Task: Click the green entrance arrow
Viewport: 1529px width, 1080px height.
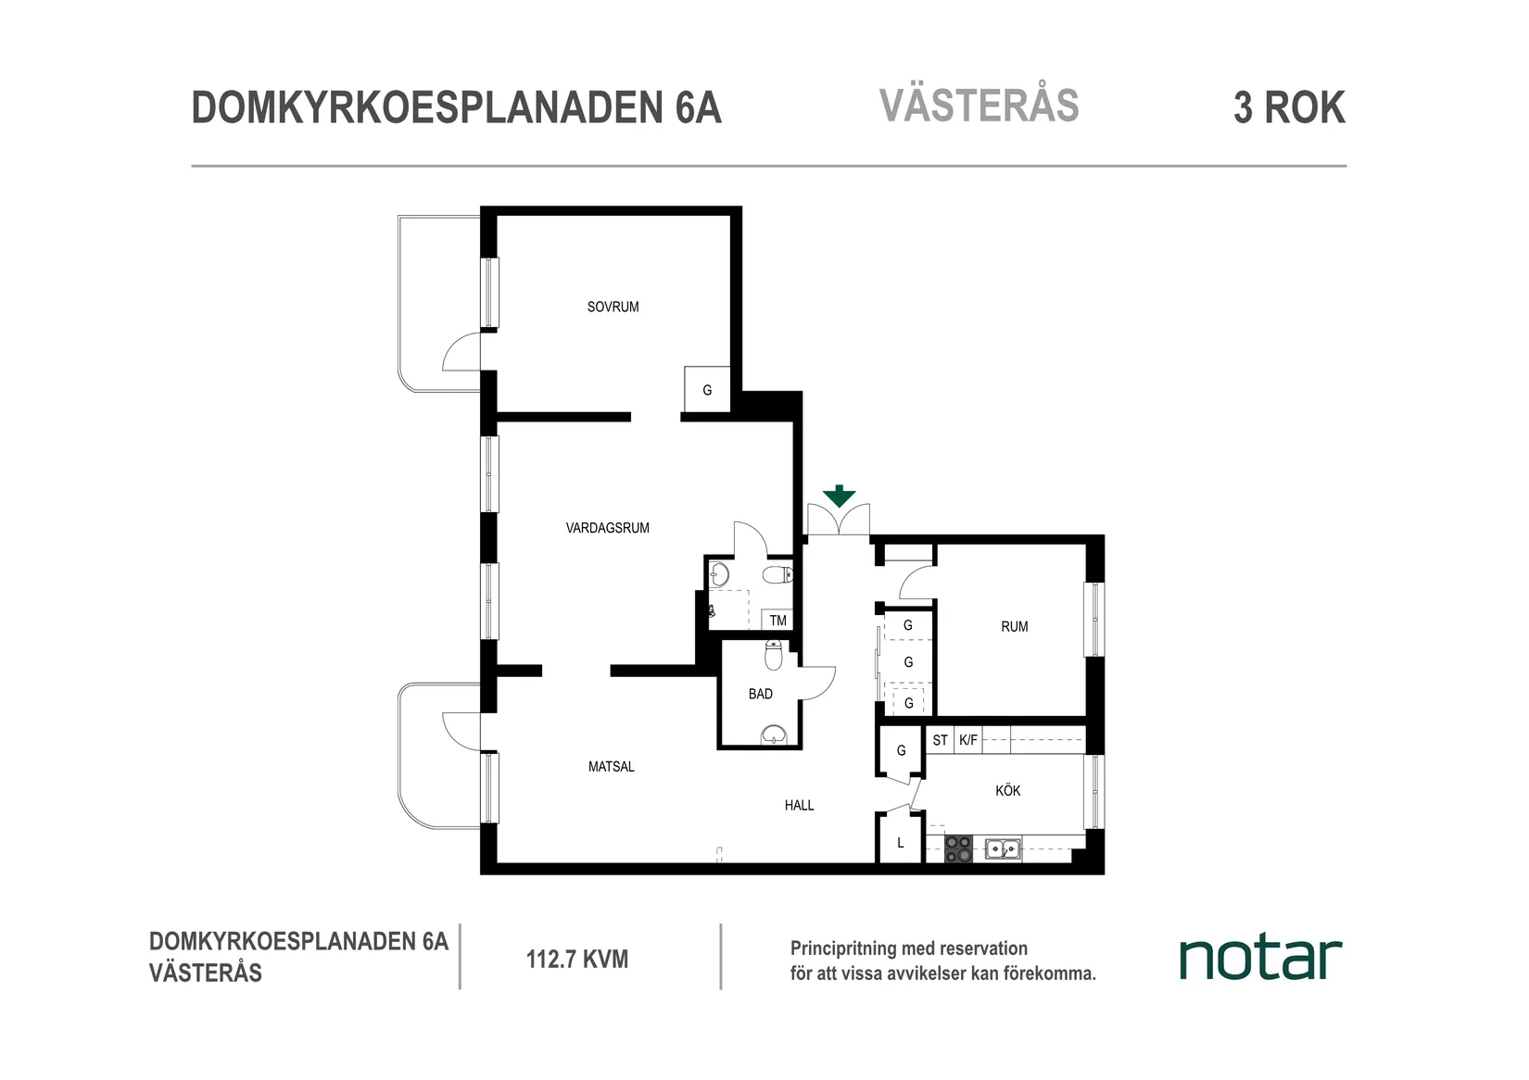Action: (839, 496)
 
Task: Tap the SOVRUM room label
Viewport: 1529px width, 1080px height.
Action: (613, 307)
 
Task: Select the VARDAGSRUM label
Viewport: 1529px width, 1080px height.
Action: (607, 528)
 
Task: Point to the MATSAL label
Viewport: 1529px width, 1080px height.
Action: (611, 766)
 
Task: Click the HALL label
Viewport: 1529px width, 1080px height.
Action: (799, 805)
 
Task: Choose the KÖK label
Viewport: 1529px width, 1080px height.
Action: (1007, 790)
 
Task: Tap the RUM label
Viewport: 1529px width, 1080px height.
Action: (1014, 626)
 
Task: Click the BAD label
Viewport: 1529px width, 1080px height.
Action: (760, 694)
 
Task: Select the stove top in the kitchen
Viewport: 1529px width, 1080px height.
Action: (958, 848)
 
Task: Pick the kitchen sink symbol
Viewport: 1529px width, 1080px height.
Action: (1002, 848)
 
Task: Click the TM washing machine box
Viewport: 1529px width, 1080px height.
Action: (777, 621)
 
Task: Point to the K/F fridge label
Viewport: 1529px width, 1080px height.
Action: (967, 740)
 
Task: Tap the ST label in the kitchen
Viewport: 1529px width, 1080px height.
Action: (940, 740)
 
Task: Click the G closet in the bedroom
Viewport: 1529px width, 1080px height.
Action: (707, 390)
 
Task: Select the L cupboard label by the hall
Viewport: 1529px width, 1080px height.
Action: (900, 843)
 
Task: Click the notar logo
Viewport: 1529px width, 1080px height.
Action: (1259, 959)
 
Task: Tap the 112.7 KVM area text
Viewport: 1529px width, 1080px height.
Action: (576, 959)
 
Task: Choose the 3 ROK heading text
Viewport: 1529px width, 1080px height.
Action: (1288, 107)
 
